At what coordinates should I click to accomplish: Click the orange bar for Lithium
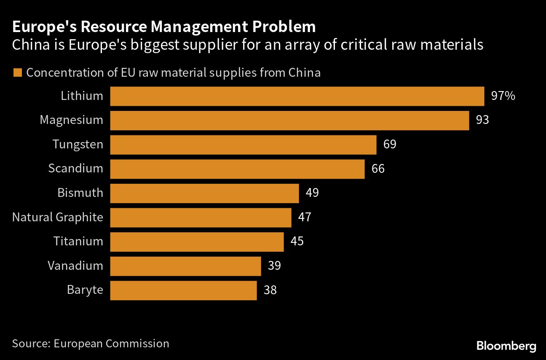pos(297,96)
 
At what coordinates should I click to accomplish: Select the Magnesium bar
pos(289,121)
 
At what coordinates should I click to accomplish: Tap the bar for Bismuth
pos(204,193)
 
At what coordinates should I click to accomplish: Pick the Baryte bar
pos(183,290)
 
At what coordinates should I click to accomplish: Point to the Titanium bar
pos(197,242)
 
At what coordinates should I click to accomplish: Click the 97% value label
pos(503,96)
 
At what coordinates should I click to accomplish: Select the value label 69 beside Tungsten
pos(390,145)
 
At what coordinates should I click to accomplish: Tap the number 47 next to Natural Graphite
pos(304,218)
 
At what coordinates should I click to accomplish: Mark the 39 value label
pos(274,266)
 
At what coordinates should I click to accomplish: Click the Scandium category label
pos(75,169)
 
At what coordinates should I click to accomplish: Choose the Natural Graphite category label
pos(57,218)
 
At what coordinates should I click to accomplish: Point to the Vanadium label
pos(75,266)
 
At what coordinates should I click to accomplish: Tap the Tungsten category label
pos(78,145)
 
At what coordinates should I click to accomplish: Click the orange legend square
pos(17,73)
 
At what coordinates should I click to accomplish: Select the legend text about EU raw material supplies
pos(173,73)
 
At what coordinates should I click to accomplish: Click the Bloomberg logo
pos(506,346)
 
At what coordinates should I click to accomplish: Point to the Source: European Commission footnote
pos(91,344)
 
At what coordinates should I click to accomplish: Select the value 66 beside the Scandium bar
pos(378,169)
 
